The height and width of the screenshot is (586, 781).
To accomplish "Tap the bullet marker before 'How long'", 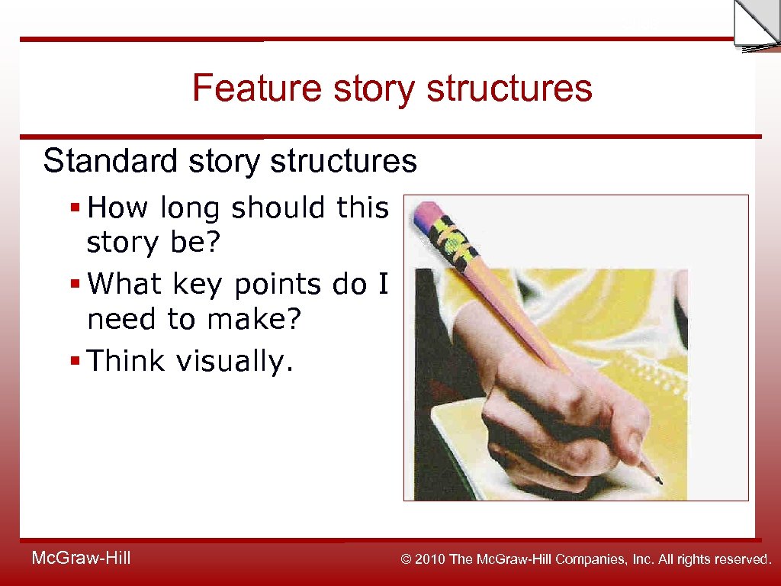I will [75, 208].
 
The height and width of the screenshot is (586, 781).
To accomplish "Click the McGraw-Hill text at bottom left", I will [81, 559].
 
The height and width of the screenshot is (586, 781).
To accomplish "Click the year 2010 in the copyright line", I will [432, 559].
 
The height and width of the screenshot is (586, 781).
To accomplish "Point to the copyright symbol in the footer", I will [407, 559].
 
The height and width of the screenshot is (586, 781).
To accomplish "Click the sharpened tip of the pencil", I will [657, 480].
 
